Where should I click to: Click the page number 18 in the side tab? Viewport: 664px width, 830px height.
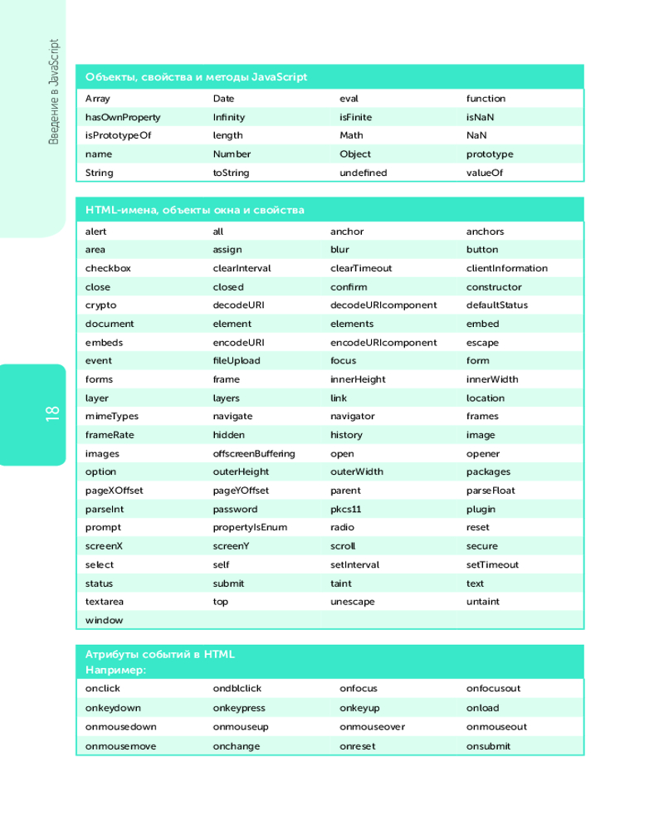(51, 413)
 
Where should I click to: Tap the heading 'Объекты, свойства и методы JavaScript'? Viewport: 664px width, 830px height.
(196, 77)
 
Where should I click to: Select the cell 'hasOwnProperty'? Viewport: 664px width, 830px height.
(123, 117)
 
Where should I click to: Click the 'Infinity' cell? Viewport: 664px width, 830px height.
(228, 117)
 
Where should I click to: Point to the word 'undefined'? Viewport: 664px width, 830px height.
(363, 173)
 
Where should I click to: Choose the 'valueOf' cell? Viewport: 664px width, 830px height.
(485, 173)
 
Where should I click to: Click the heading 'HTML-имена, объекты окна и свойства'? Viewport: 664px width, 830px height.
(194, 210)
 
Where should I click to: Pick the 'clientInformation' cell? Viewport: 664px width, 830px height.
(506, 268)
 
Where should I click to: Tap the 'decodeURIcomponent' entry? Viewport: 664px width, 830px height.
(383, 305)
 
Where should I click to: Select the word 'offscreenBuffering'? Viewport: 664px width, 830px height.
(253, 453)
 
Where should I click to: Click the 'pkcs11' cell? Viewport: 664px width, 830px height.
(345, 509)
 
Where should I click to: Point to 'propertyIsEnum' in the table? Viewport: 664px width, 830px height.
(250, 527)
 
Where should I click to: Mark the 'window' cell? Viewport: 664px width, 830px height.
(104, 620)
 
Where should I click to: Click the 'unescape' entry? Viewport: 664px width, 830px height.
(352, 601)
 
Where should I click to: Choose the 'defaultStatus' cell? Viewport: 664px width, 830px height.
(496, 305)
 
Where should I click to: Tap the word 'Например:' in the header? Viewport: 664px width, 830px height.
(115, 669)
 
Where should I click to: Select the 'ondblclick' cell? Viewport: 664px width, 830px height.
(237, 688)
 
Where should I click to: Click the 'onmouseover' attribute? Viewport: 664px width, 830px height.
(372, 726)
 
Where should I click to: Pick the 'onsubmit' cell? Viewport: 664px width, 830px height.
(488, 745)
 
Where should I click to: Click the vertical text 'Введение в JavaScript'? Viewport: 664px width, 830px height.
(53, 90)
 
